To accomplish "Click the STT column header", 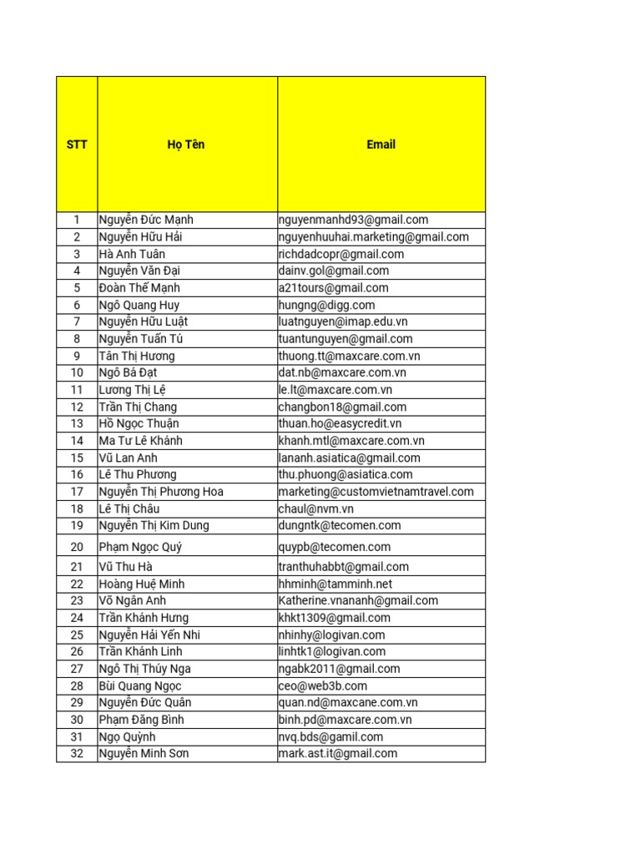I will click(x=77, y=144).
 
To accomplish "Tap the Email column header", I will click(x=381, y=144).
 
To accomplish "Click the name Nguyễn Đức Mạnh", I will click(x=146, y=220).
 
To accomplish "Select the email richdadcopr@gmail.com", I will click(x=341, y=254).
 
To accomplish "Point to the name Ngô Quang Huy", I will click(x=139, y=305).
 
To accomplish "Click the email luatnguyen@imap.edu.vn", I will click(x=343, y=321).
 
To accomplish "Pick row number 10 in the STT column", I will click(x=77, y=372).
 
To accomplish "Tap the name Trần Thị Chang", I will click(x=138, y=407).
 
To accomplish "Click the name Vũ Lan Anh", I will click(x=128, y=458).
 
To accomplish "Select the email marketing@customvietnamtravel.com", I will click(x=376, y=492).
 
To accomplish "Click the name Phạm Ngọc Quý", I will click(x=140, y=547).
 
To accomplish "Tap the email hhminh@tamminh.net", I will click(x=336, y=584).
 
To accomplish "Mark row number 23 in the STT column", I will click(x=77, y=600).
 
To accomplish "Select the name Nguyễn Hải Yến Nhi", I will click(x=149, y=635).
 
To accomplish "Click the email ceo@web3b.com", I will click(x=323, y=686).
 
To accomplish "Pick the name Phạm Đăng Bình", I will click(x=141, y=720).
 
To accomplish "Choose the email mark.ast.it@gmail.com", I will click(x=338, y=753).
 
